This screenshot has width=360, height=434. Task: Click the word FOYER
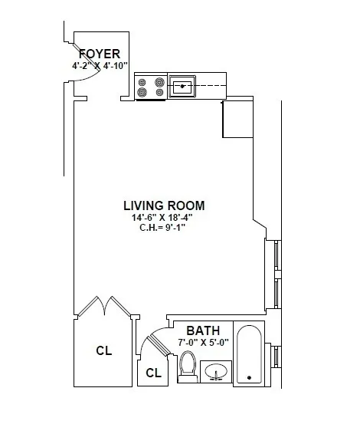click(x=100, y=54)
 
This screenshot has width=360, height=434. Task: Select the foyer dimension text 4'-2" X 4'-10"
click(x=100, y=66)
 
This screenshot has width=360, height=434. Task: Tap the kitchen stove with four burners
click(x=151, y=87)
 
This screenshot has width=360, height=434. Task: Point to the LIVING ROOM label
click(x=164, y=205)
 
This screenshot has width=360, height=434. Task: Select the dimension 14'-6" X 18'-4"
click(x=161, y=217)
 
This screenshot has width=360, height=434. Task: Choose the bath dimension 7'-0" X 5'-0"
click(x=201, y=343)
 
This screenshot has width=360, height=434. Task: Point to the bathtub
click(x=250, y=355)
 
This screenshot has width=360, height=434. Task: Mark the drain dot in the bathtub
click(x=250, y=377)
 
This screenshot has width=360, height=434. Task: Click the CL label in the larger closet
click(x=104, y=351)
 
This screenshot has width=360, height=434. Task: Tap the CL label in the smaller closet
click(x=153, y=373)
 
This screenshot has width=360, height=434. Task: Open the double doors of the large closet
click(x=104, y=307)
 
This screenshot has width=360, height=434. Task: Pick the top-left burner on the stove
click(x=142, y=81)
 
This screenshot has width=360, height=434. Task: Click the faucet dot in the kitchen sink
click(x=183, y=87)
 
